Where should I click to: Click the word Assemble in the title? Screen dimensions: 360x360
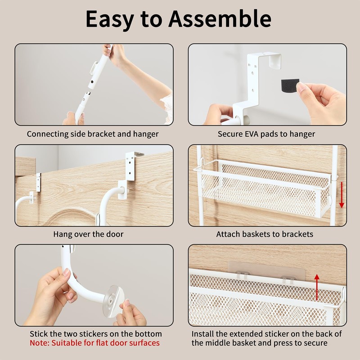pos(220,19)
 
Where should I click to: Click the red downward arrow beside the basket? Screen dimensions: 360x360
pos(342,195)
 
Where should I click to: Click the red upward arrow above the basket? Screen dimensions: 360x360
pos(317,287)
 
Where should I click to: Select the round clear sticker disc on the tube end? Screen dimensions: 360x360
pos(113,301)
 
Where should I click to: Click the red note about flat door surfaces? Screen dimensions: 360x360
pos(94,343)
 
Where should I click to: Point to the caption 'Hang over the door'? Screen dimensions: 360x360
pos(88,234)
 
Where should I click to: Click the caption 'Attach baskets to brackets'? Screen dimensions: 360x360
pos(265,234)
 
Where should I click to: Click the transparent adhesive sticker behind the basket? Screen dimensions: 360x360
pos(266,271)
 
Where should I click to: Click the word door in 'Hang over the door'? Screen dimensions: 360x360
pos(115,234)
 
